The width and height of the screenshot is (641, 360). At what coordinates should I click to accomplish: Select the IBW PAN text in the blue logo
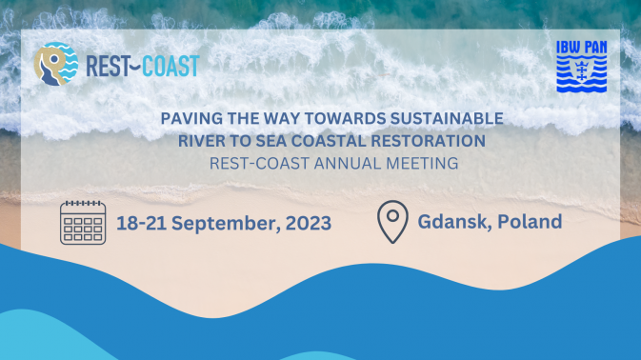tap(581, 48)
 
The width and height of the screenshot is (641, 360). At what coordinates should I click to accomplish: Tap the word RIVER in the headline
tap(201, 142)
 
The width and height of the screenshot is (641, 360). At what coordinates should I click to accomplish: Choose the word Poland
tap(531, 222)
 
